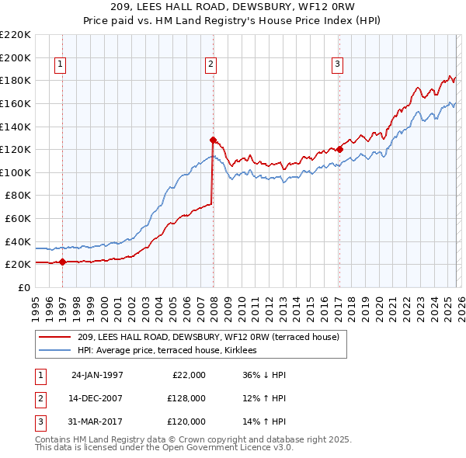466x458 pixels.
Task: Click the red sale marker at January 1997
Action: tap(62, 262)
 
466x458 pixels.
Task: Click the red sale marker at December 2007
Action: tap(212, 140)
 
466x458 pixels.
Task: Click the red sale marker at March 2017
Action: tap(339, 149)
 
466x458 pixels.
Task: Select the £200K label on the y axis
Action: tap(16, 57)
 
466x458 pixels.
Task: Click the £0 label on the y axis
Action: tap(23, 287)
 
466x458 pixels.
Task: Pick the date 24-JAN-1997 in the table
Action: tap(97, 375)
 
